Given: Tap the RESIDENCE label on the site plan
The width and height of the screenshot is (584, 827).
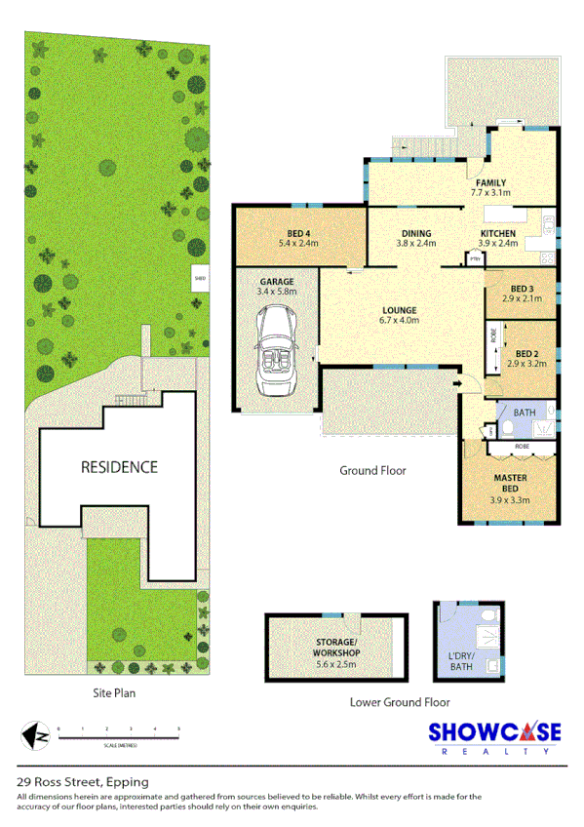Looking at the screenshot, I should pyautogui.click(x=119, y=467).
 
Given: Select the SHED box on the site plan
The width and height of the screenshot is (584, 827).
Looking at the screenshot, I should pyautogui.click(x=200, y=277).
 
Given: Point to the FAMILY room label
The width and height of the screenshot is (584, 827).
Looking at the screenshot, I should pyautogui.click(x=489, y=183).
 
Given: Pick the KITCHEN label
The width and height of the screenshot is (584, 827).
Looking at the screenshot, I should pyautogui.click(x=497, y=234).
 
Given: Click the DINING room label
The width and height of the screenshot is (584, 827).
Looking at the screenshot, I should pyautogui.click(x=415, y=234).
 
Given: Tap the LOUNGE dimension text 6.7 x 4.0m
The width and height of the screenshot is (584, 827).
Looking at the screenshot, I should pyautogui.click(x=400, y=320).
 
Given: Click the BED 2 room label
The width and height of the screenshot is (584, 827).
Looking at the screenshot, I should pyautogui.click(x=527, y=354).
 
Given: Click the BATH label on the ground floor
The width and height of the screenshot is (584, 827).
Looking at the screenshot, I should pyautogui.click(x=525, y=413).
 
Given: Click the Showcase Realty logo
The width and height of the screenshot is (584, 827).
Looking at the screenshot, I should pyautogui.click(x=498, y=738).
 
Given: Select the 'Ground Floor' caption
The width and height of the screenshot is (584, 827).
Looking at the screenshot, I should pyautogui.click(x=372, y=470).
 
